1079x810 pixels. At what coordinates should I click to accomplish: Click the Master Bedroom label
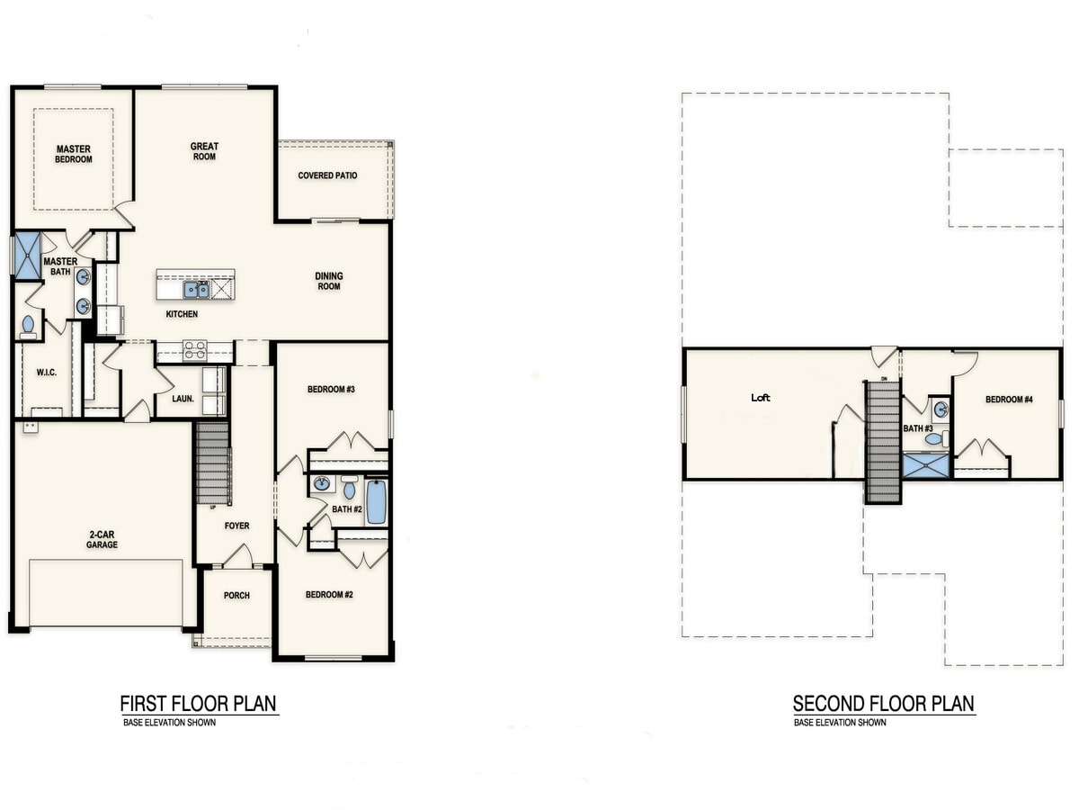point(74,154)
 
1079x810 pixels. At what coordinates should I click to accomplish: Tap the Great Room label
point(204,151)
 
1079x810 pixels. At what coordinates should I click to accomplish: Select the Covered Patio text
point(327,175)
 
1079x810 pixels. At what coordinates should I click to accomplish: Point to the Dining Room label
point(329,282)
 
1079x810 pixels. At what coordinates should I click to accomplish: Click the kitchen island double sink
point(197,290)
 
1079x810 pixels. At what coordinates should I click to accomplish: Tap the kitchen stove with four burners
point(194,351)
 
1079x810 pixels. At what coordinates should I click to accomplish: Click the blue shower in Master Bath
point(28,256)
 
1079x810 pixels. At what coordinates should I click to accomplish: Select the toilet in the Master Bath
point(28,327)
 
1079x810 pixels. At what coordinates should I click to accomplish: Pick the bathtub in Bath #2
point(376,501)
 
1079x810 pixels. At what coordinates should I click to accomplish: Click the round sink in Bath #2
point(323,484)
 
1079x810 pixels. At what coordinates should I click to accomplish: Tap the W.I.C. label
point(46,373)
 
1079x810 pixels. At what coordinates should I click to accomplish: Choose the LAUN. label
point(183,399)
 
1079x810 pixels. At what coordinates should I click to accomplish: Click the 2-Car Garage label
point(102,539)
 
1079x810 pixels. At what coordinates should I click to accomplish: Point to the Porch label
point(236,596)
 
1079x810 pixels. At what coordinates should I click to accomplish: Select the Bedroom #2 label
point(329,595)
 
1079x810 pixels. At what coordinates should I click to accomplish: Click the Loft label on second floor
point(761,398)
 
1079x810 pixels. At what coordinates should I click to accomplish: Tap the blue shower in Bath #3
point(926,465)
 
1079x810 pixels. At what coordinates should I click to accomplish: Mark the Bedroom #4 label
point(1009,400)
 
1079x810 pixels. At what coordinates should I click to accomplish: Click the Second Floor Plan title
point(883,704)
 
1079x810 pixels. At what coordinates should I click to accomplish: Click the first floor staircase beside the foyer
point(213,463)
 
